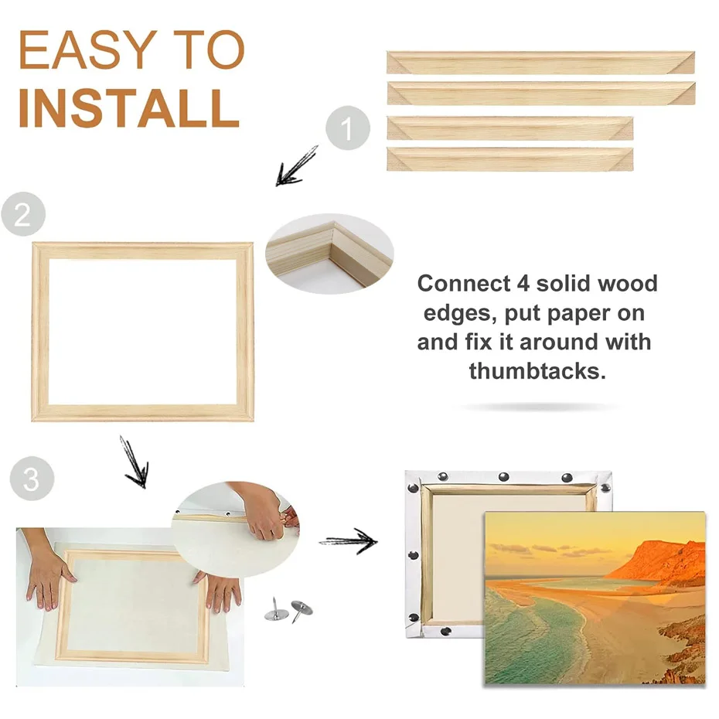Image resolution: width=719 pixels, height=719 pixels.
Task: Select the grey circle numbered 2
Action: click(x=22, y=214)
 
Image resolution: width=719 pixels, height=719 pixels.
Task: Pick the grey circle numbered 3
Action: click(x=32, y=479)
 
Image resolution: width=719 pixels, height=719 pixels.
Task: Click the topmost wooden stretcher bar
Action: click(x=540, y=63)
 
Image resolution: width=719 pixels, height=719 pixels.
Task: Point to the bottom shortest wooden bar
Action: click(x=509, y=159)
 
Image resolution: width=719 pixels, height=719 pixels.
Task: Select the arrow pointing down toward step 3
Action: click(x=134, y=462)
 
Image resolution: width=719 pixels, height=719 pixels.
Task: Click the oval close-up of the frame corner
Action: click(x=329, y=254)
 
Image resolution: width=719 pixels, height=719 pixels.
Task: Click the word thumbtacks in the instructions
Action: click(x=537, y=370)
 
